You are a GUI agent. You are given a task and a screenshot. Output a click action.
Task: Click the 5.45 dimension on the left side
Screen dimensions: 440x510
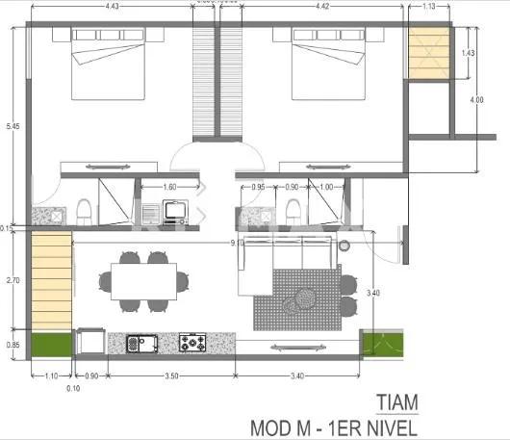click(x=9, y=126)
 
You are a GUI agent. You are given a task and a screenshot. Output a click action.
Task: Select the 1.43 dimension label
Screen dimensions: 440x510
click(x=469, y=54)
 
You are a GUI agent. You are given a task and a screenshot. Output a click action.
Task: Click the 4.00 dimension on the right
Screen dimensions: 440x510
click(x=477, y=100)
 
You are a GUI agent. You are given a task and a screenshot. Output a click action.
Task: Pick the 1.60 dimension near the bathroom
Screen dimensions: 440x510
click(x=169, y=187)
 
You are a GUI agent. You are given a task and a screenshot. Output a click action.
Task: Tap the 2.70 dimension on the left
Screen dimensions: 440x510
click(x=12, y=280)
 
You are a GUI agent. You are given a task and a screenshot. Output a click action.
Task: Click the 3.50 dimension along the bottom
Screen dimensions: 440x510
click(x=170, y=375)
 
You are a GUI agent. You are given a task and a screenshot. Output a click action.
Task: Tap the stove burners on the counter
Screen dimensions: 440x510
click(x=193, y=342)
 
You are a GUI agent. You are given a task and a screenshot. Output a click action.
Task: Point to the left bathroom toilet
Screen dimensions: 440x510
click(x=84, y=209)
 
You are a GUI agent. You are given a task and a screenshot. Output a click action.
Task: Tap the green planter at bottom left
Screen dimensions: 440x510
click(x=52, y=343)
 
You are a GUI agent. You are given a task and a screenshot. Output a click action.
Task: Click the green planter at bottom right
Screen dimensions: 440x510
click(x=375, y=343)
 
